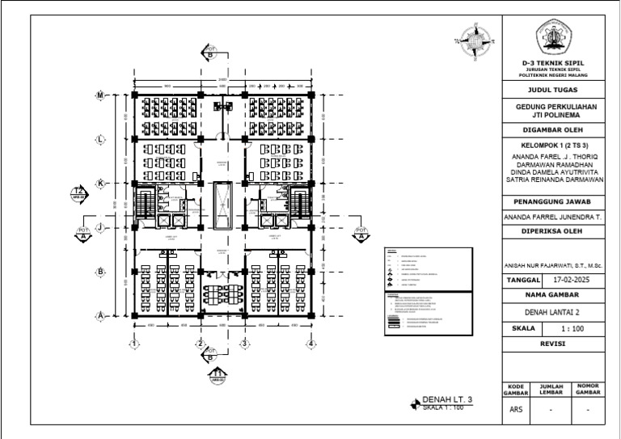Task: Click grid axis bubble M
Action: click(101, 95)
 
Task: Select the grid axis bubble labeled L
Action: click(101, 139)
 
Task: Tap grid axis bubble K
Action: click(101, 184)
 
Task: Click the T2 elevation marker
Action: click(79, 192)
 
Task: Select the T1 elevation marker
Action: click(218, 374)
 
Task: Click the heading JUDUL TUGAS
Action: click(554, 90)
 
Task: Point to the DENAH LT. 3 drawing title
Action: click(446, 400)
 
